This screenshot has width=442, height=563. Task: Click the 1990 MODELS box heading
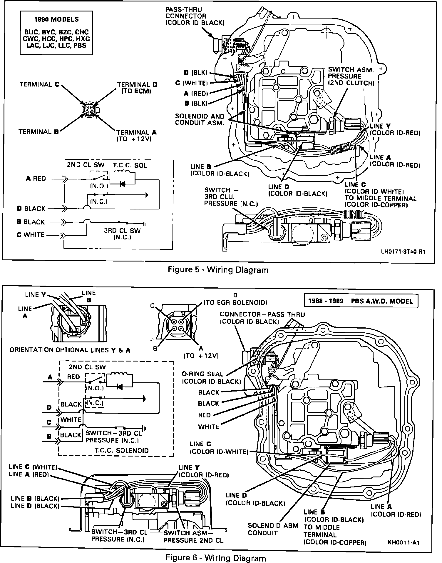pyautogui.click(x=56, y=20)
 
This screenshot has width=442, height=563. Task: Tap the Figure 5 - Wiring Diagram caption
pyautogui.click(x=218, y=270)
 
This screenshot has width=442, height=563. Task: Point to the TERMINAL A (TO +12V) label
pyautogui.click(x=137, y=136)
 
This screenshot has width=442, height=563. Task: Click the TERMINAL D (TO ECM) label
pyautogui.click(x=137, y=88)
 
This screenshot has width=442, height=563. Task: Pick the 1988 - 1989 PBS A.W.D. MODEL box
pyautogui.click(x=361, y=301)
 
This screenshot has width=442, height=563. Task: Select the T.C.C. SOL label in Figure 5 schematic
pyautogui.click(x=125, y=165)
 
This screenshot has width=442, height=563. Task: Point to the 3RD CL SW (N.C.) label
pyautogui.click(x=122, y=234)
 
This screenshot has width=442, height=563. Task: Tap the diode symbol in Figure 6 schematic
pyautogui.click(x=120, y=387)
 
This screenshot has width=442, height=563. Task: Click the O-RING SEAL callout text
pyautogui.click(x=211, y=378)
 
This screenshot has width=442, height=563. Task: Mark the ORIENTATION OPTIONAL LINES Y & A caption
pyautogui.click(x=70, y=350)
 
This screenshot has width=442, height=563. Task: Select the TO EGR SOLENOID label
pyautogui.click(x=235, y=302)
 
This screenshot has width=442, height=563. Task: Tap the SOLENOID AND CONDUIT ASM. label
pyautogui.click(x=200, y=120)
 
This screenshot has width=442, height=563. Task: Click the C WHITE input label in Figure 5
pyautogui.click(x=31, y=235)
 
